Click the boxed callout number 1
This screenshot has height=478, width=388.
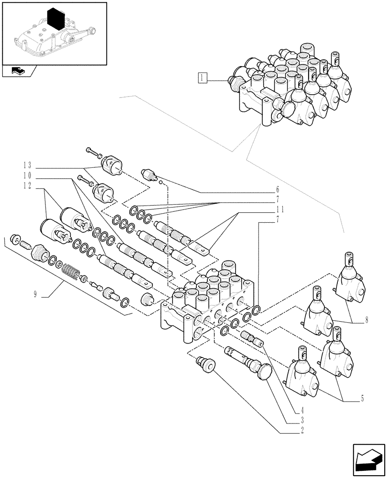pos(203,78)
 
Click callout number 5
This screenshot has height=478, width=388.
pos(363,398)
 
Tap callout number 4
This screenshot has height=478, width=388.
pos(302,410)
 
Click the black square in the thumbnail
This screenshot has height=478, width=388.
pos(57,20)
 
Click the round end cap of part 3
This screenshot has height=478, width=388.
pos(263,371)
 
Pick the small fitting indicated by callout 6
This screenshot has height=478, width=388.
pos(150,174)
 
